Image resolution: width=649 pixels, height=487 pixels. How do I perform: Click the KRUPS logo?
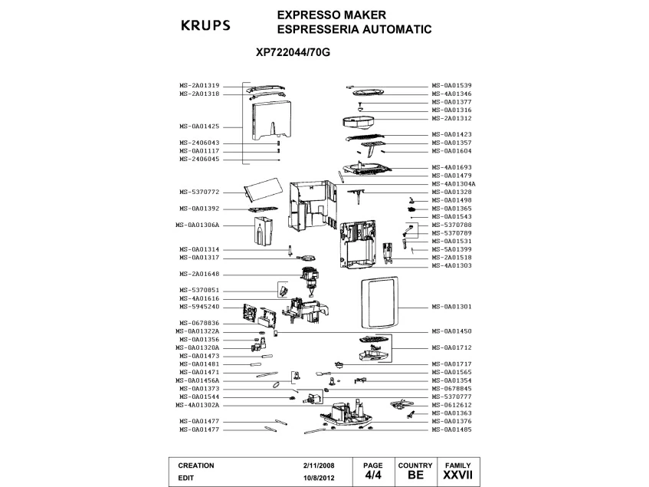pyautogui.click(x=205, y=25)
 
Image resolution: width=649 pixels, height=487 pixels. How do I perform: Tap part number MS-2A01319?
pyautogui.click(x=199, y=85)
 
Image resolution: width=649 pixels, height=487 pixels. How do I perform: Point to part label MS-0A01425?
pyautogui.click(x=199, y=126)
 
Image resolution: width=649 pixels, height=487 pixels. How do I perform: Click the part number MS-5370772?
pyautogui.click(x=199, y=192)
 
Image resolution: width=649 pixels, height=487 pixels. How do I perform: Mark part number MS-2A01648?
pyautogui.click(x=199, y=274)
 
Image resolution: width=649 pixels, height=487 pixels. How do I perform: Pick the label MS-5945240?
pyautogui.click(x=199, y=306)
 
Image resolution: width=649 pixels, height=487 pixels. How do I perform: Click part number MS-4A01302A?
pyautogui.click(x=198, y=405)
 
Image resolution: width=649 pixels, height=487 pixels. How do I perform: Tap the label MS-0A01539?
pyautogui.click(x=451, y=85)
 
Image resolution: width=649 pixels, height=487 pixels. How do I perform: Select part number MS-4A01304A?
pyautogui.click(x=454, y=184)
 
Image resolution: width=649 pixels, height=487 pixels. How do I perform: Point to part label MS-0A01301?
pyautogui.click(x=451, y=306)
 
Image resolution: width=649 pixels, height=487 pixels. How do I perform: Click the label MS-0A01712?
pyautogui.click(x=451, y=347)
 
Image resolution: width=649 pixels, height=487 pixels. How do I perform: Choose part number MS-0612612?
pyautogui.click(x=451, y=405)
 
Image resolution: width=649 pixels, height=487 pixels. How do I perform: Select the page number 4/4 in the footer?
pyautogui.click(x=372, y=475)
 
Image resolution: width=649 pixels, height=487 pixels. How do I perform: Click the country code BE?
pyautogui.click(x=415, y=475)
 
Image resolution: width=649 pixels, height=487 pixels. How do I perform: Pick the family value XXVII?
pyautogui.click(x=457, y=475)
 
